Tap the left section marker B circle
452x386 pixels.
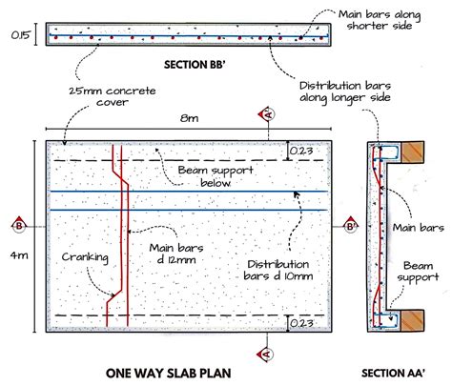[x=19, y=227]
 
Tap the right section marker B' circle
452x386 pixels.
[x=350, y=227]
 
